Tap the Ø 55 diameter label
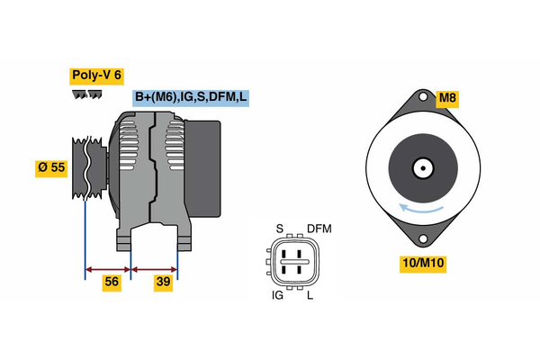pos(51,167)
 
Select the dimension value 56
pos(112,282)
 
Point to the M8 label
pos(447,97)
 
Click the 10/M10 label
pos(422,263)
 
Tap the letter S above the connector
pos(279,229)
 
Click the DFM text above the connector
pos(319,229)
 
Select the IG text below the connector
pos(279,295)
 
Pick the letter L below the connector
pos(310,295)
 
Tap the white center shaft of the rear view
pos(421,167)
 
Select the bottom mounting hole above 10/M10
pos(422,238)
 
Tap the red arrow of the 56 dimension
pos(108,267)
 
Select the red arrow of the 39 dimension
pos(155,267)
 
